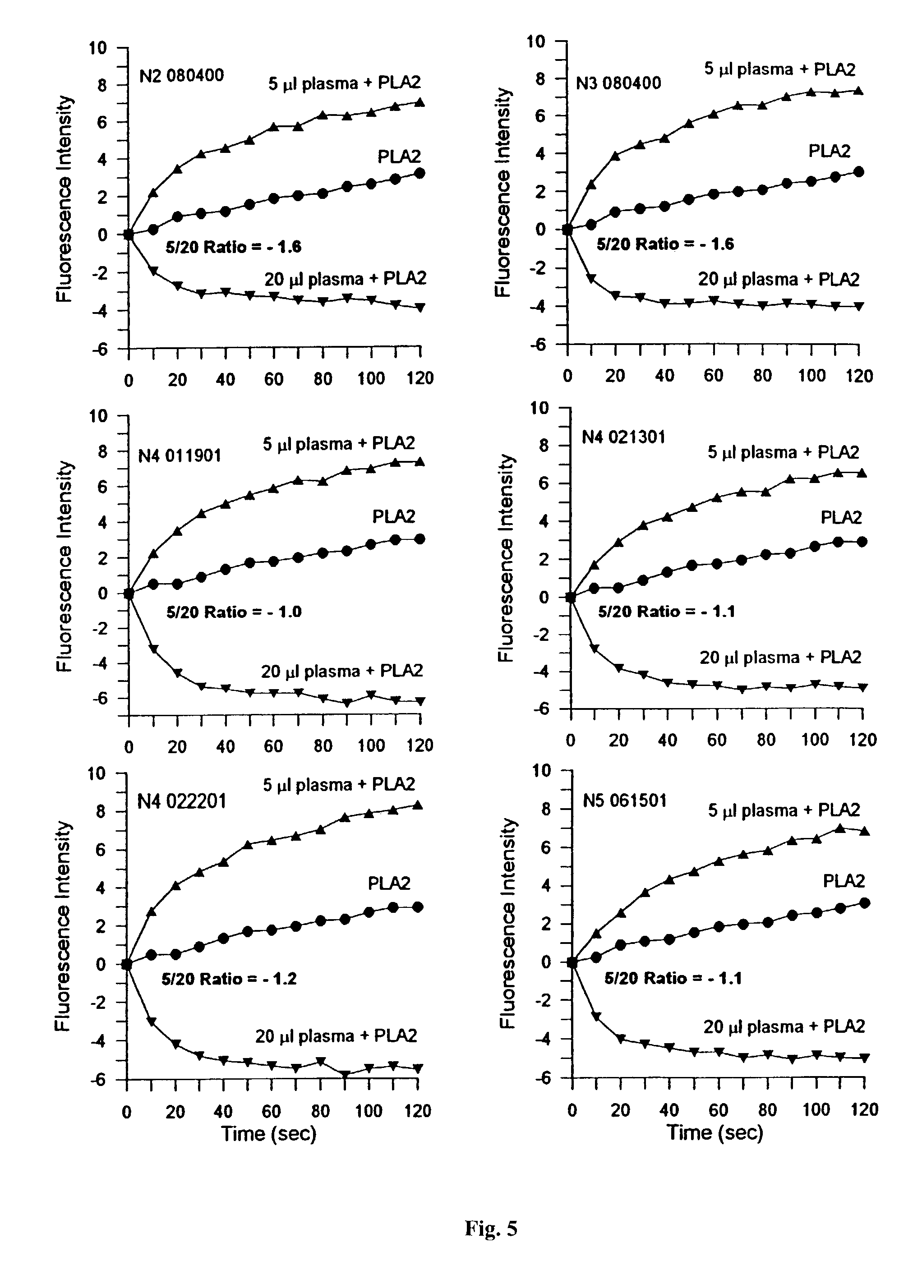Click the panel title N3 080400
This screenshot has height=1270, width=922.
618,83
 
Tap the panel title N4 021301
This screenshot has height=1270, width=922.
623,437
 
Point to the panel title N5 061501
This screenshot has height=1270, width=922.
625,800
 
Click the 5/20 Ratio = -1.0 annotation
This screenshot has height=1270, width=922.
234,612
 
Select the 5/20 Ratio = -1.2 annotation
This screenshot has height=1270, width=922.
229,979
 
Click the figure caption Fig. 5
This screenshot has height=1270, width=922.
491,1228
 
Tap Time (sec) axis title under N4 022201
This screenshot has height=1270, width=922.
268,1134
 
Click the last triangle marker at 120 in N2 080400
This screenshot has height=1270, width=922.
420,102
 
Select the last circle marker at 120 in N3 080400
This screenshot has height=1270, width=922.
859,172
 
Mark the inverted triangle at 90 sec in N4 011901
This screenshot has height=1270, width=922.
347,703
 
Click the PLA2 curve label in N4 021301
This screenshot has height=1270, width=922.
841,517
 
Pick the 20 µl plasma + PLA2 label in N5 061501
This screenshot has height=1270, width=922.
784,1026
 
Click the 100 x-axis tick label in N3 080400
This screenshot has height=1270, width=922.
811,375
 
